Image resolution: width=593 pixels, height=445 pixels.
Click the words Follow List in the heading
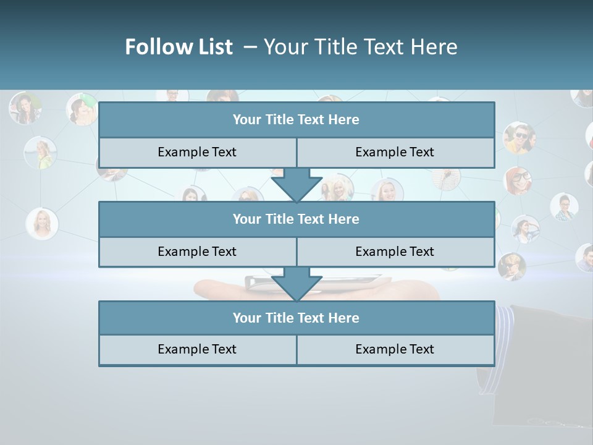point(179,47)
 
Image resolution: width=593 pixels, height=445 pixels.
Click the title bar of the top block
point(296,120)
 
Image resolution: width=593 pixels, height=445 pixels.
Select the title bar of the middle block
point(296,219)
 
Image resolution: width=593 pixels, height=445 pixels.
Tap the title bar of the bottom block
point(296,318)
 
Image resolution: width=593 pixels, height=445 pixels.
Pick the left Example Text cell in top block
point(197,152)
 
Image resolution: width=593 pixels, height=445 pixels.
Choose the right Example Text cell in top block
point(395,152)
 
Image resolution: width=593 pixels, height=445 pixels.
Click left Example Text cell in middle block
point(197,252)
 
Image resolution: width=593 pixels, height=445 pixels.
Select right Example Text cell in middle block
point(395,252)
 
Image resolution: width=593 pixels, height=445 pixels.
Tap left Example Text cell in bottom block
point(197,349)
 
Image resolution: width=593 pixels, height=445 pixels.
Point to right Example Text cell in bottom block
point(395,349)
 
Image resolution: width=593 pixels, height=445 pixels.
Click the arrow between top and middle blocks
point(296,184)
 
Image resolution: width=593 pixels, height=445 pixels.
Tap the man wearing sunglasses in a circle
point(519,137)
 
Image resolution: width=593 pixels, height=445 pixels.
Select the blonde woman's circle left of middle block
point(42,223)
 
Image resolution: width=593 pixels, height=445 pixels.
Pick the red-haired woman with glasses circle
point(518,180)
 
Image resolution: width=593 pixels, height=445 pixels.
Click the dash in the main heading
point(250,47)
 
